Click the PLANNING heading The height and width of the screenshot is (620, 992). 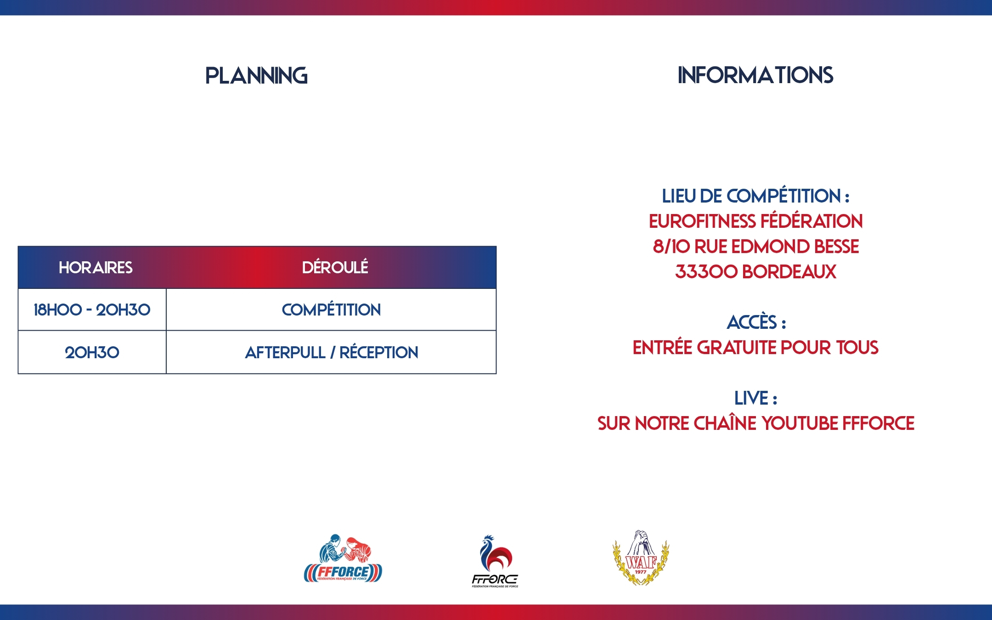(256, 76)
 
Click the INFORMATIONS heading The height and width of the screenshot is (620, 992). (755, 75)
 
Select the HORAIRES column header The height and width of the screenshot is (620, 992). (96, 267)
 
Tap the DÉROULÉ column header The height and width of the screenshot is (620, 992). (335, 267)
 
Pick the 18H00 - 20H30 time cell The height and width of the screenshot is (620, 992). (92, 310)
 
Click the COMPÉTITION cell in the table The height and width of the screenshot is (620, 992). (331, 310)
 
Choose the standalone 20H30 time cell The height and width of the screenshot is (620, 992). (92, 353)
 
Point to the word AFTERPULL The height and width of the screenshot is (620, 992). (285, 353)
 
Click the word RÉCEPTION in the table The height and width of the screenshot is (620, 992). (379, 352)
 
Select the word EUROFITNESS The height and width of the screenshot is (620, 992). (702, 221)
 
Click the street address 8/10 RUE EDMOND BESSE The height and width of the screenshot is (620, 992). (756, 247)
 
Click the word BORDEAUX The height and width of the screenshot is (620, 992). (789, 272)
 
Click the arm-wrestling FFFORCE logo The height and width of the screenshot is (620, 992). (343, 558)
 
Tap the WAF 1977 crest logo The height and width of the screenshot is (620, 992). (641, 558)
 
